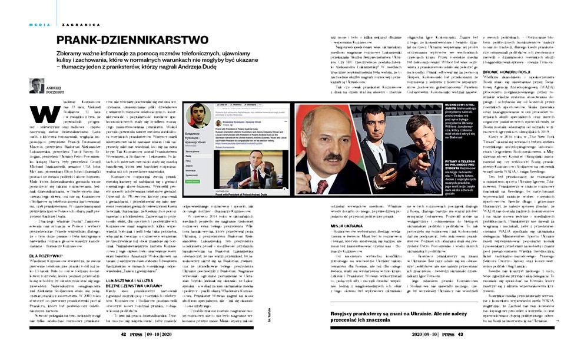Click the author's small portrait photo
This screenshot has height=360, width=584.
pyautogui.click(x=36, y=85)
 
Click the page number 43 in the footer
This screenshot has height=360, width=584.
pyautogui.click(x=460, y=333)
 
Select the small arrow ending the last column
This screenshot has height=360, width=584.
pyautogui.click(x=556, y=321)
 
